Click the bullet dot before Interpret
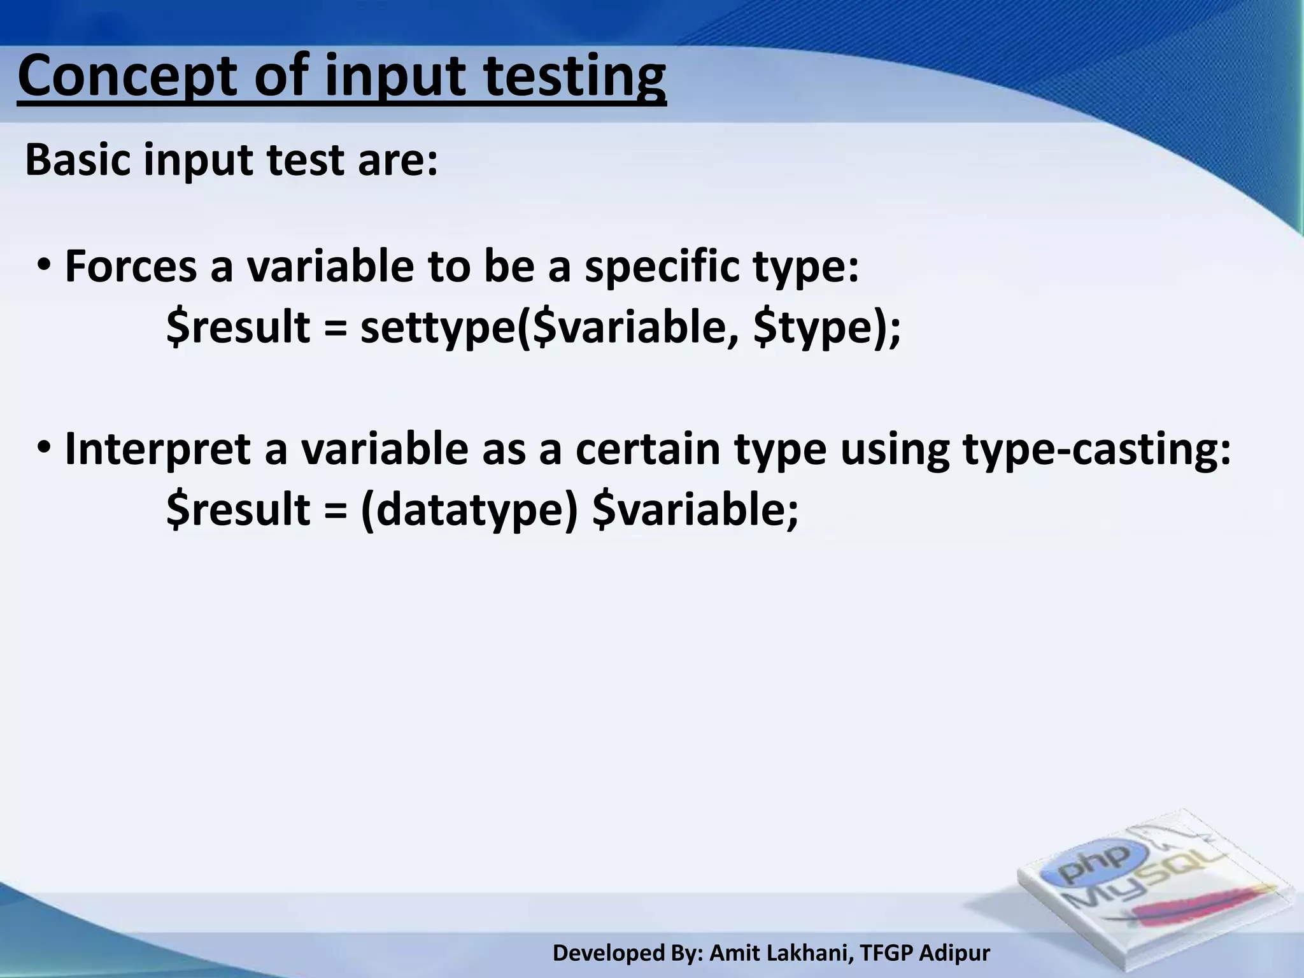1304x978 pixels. pyautogui.click(x=45, y=448)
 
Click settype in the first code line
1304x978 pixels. pyautogui.click(x=438, y=327)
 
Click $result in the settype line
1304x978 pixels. pyautogui.click(x=237, y=327)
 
